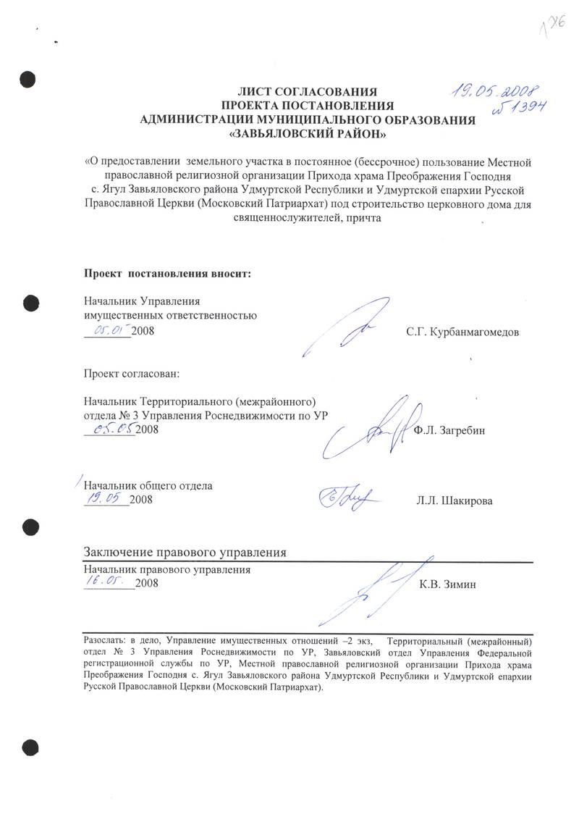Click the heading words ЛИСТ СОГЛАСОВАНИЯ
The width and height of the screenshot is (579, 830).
(308, 92)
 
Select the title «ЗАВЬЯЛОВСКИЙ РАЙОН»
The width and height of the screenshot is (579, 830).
(308, 134)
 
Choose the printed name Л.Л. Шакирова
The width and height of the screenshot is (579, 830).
(455, 500)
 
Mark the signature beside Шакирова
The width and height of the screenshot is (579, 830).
(345, 497)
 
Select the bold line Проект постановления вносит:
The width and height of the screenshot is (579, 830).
(168, 274)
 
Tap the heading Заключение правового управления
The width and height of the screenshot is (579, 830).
(185, 552)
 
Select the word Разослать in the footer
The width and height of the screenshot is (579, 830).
(106, 641)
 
